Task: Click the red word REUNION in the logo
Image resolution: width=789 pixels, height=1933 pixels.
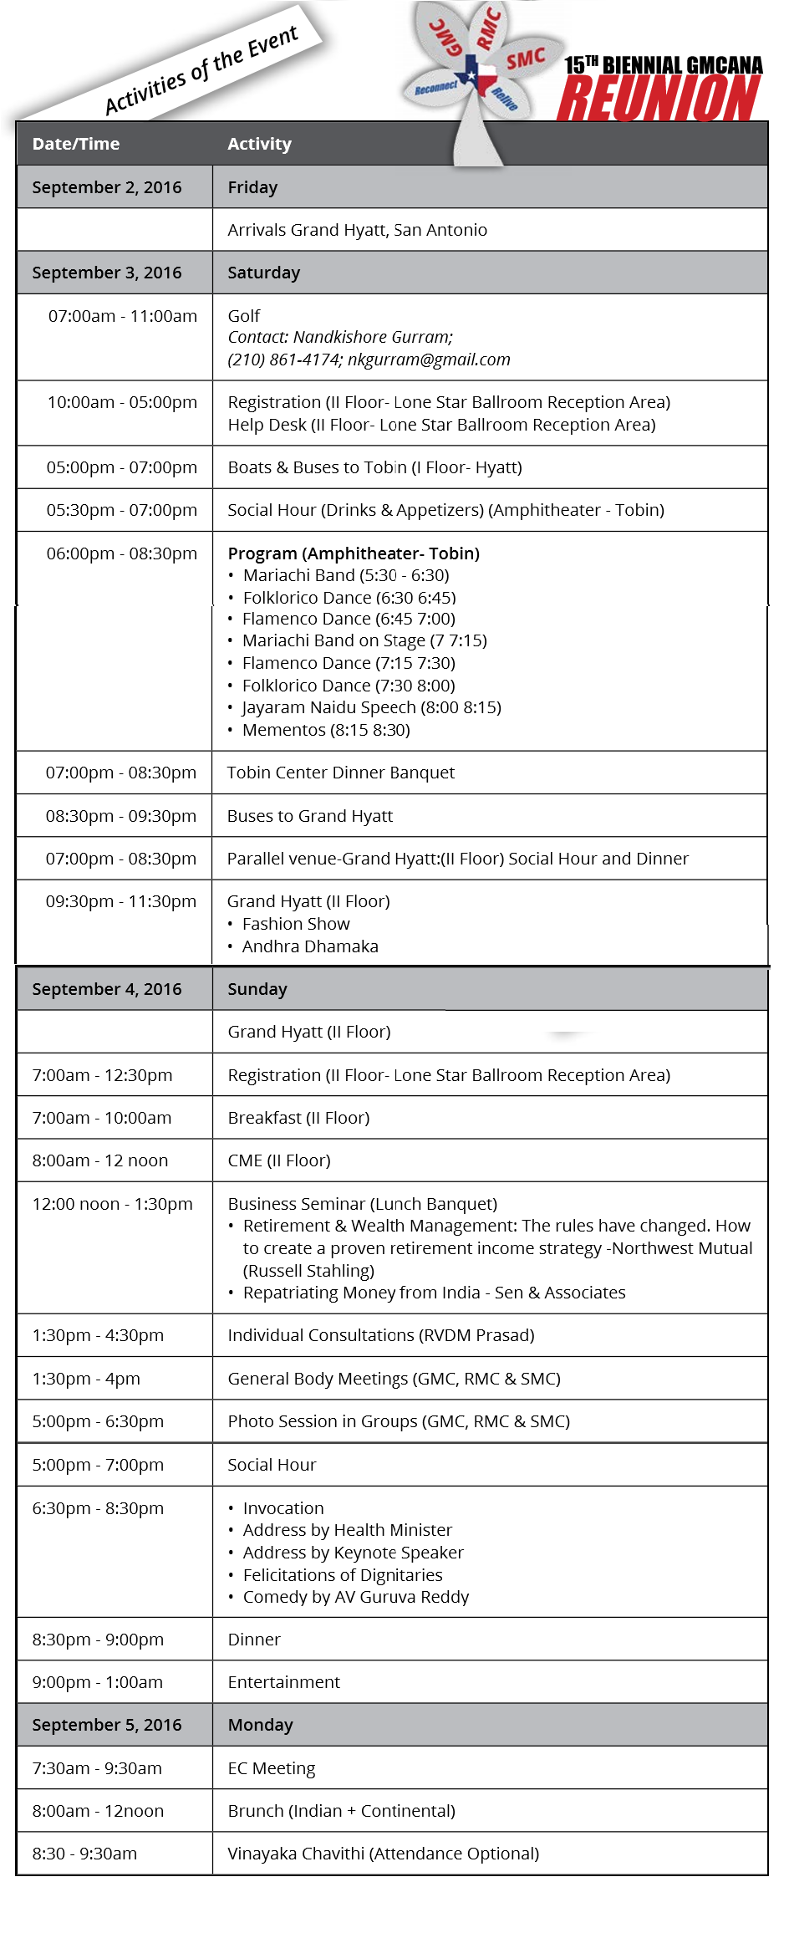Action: (x=659, y=99)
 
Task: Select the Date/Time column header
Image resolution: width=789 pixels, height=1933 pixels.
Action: (x=76, y=144)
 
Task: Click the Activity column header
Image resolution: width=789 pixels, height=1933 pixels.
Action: (x=259, y=144)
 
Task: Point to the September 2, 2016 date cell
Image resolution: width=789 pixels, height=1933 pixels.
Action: (x=106, y=187)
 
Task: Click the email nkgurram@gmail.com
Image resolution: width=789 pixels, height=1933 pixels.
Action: (x=429, y=360)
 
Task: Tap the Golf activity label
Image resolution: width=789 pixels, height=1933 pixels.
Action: (x=244, y=316)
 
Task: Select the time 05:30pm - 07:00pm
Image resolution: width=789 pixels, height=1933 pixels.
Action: (x=122, y=510)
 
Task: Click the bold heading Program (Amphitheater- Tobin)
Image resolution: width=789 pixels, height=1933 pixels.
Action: (x=354, y=553)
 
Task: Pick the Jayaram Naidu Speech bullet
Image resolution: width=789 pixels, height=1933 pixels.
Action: (x=372, y=707)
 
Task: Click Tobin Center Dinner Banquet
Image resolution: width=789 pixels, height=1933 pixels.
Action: (x=341, y=773)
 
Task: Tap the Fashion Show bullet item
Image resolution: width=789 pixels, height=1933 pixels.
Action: (x=296, y=924)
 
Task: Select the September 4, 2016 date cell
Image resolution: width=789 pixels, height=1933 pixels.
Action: (x=106, y=989)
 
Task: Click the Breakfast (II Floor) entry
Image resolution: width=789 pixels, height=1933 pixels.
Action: (x=298, y=1118)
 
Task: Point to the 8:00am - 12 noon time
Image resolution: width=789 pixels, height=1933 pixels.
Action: (x=100, y=1160)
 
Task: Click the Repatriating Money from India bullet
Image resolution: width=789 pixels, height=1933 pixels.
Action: (x=434, y=1293)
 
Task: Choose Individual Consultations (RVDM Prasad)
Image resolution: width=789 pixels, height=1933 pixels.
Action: (x=381, y=1335)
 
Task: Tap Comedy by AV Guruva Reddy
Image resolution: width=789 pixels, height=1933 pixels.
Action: (x=356, y=1597)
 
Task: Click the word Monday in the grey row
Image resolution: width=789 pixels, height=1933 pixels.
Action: (x=260, y=1725)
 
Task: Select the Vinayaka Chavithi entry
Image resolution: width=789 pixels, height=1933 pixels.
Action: (x=383, y=1854)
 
